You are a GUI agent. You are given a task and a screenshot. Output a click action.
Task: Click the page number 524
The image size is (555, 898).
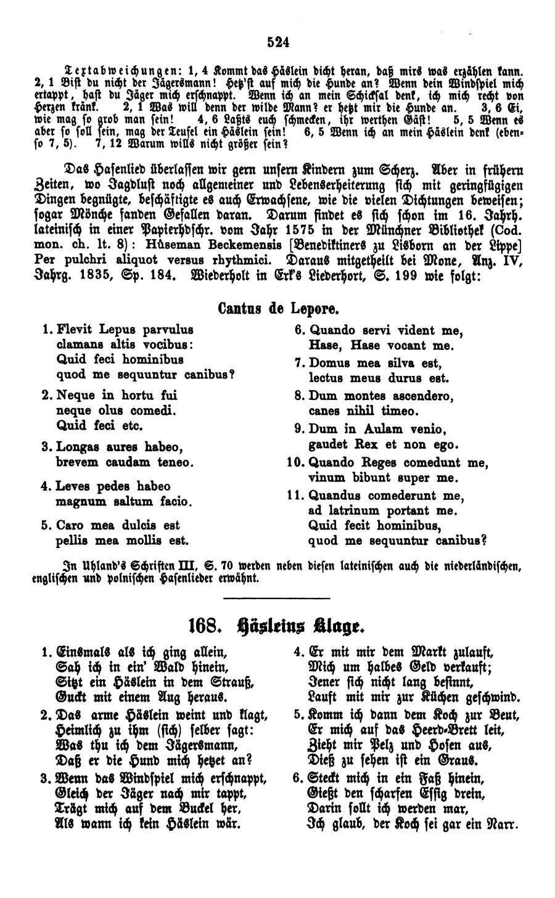coord(279,42)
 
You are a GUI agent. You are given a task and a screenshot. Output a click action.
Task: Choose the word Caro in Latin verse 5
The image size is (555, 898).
coord(69,525)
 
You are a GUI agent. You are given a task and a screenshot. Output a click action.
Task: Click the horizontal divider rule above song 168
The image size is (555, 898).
coord(277,598)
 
